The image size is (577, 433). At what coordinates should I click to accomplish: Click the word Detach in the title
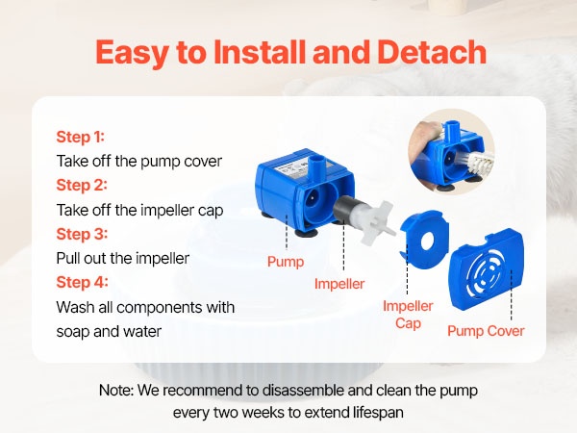(x=431, y=52)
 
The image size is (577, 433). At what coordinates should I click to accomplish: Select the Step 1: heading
(x=81, y=137)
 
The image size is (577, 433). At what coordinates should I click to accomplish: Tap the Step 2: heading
(x=82, y=185)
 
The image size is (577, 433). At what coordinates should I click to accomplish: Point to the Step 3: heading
(x=82, y=234)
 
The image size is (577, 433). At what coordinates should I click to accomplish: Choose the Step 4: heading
(x=82, y=283)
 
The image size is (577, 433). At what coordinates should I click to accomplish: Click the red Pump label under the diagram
(x=286, y=262)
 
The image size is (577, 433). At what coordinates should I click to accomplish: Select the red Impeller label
(x=339, y=284)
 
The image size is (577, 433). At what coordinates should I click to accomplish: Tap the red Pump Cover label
(x=486, y=331)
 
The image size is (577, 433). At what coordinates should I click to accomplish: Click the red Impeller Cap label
(x=408, y=315)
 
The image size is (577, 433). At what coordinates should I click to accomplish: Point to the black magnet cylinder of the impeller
(x=344, y=210)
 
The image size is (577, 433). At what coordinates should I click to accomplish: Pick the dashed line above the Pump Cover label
(x=512, y=295)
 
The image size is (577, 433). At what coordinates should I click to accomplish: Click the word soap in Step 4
(x=72, y=332)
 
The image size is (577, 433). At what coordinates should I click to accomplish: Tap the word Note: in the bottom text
(x=116, y=391)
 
